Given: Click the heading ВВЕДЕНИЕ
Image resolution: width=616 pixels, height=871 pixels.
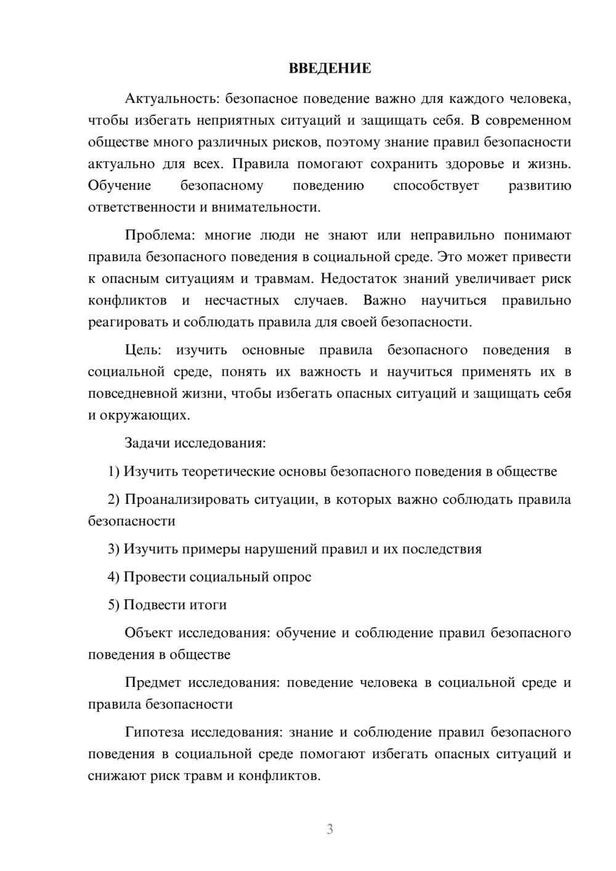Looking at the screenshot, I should [330, 68].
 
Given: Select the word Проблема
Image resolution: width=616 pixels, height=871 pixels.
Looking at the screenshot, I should [158, 235].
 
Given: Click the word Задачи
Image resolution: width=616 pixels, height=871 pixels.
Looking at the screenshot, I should [148, 443].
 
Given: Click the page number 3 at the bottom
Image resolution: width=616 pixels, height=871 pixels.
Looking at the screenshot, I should [330, 829].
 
